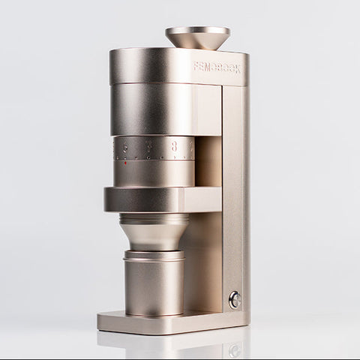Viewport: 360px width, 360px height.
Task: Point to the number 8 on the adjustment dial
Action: [x=174, y=148]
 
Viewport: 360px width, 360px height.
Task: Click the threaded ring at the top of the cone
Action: [x=154, y=218]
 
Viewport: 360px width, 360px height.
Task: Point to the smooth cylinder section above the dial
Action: [x=154, y=109]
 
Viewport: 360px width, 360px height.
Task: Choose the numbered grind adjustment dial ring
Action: [x=154, y=148]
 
